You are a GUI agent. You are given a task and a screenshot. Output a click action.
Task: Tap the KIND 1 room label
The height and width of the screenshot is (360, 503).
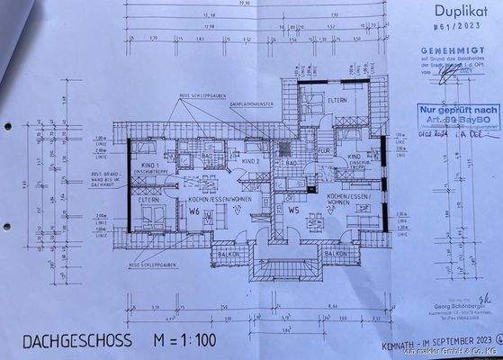pos(148,167)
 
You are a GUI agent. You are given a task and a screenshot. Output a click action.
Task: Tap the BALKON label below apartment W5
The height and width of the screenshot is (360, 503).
pos(335,254)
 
